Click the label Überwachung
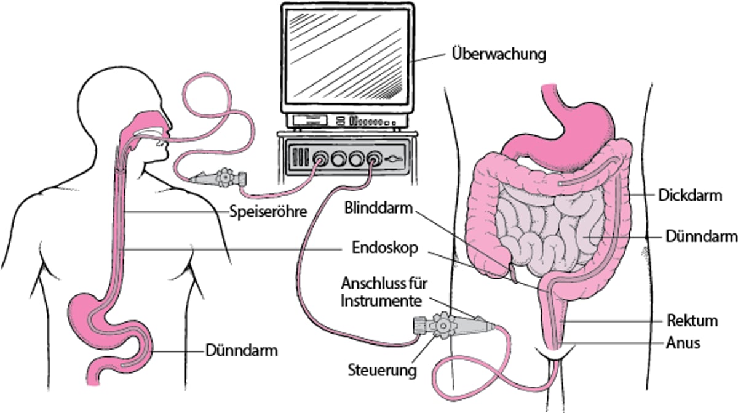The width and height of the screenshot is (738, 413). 499,54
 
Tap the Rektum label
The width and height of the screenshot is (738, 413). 692,321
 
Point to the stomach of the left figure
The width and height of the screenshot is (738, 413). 92,311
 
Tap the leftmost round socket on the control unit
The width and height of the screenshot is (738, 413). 321,159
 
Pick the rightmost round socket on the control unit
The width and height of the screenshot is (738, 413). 374,159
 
